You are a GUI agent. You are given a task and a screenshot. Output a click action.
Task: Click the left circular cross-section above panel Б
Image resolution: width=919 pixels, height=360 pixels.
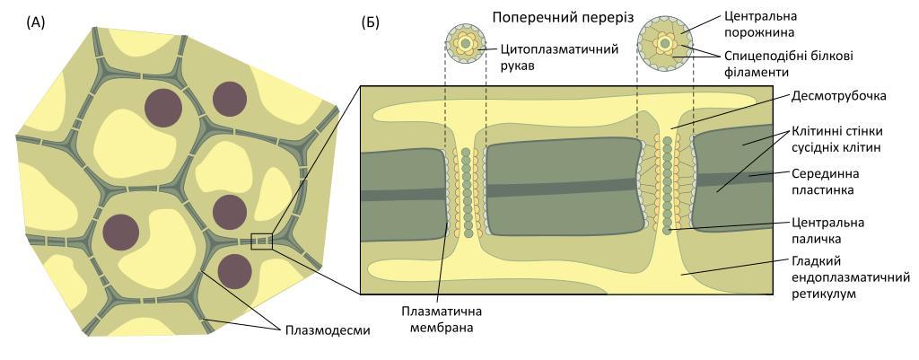tap(466, 42)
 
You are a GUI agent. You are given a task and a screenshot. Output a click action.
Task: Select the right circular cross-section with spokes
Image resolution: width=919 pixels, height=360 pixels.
tap(664, 42)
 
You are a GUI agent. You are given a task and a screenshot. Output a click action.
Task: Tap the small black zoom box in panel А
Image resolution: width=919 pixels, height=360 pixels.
tap(261, 241)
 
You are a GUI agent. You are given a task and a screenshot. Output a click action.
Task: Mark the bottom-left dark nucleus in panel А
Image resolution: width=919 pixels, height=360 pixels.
tap(120, 232)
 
